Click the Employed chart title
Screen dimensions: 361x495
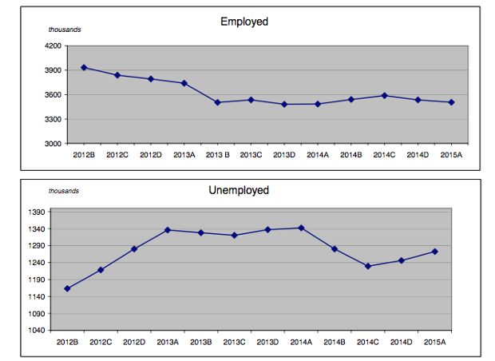tap(244, 22)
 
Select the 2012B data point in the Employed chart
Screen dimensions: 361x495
tap(84, 67)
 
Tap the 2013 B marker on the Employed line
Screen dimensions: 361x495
tap(217, 102)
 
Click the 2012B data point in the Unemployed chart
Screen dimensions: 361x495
tap(67, 288)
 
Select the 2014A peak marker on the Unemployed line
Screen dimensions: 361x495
tap(300, 228)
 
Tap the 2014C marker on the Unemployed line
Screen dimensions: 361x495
tap(367, 266)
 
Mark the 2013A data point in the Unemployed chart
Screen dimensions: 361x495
tap(167, 230)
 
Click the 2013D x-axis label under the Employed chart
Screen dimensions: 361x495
tap(284, 155)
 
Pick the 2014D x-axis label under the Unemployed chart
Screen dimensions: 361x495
tap(400, 342)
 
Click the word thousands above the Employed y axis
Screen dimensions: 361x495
tap(65, 30)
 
